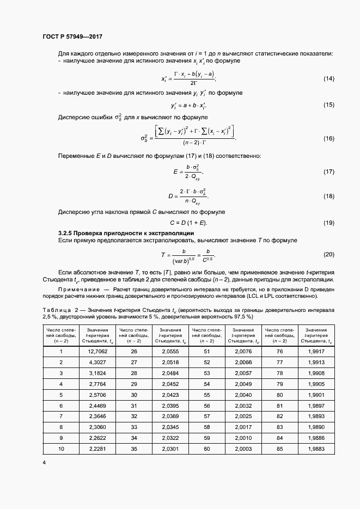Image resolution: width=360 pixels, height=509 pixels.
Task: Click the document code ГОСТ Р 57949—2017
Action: click(x=72, y=37)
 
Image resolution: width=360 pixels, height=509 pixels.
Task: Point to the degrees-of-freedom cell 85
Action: click(x=279, y=448)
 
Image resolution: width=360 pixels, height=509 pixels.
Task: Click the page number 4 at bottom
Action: click(x=44, y=463)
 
